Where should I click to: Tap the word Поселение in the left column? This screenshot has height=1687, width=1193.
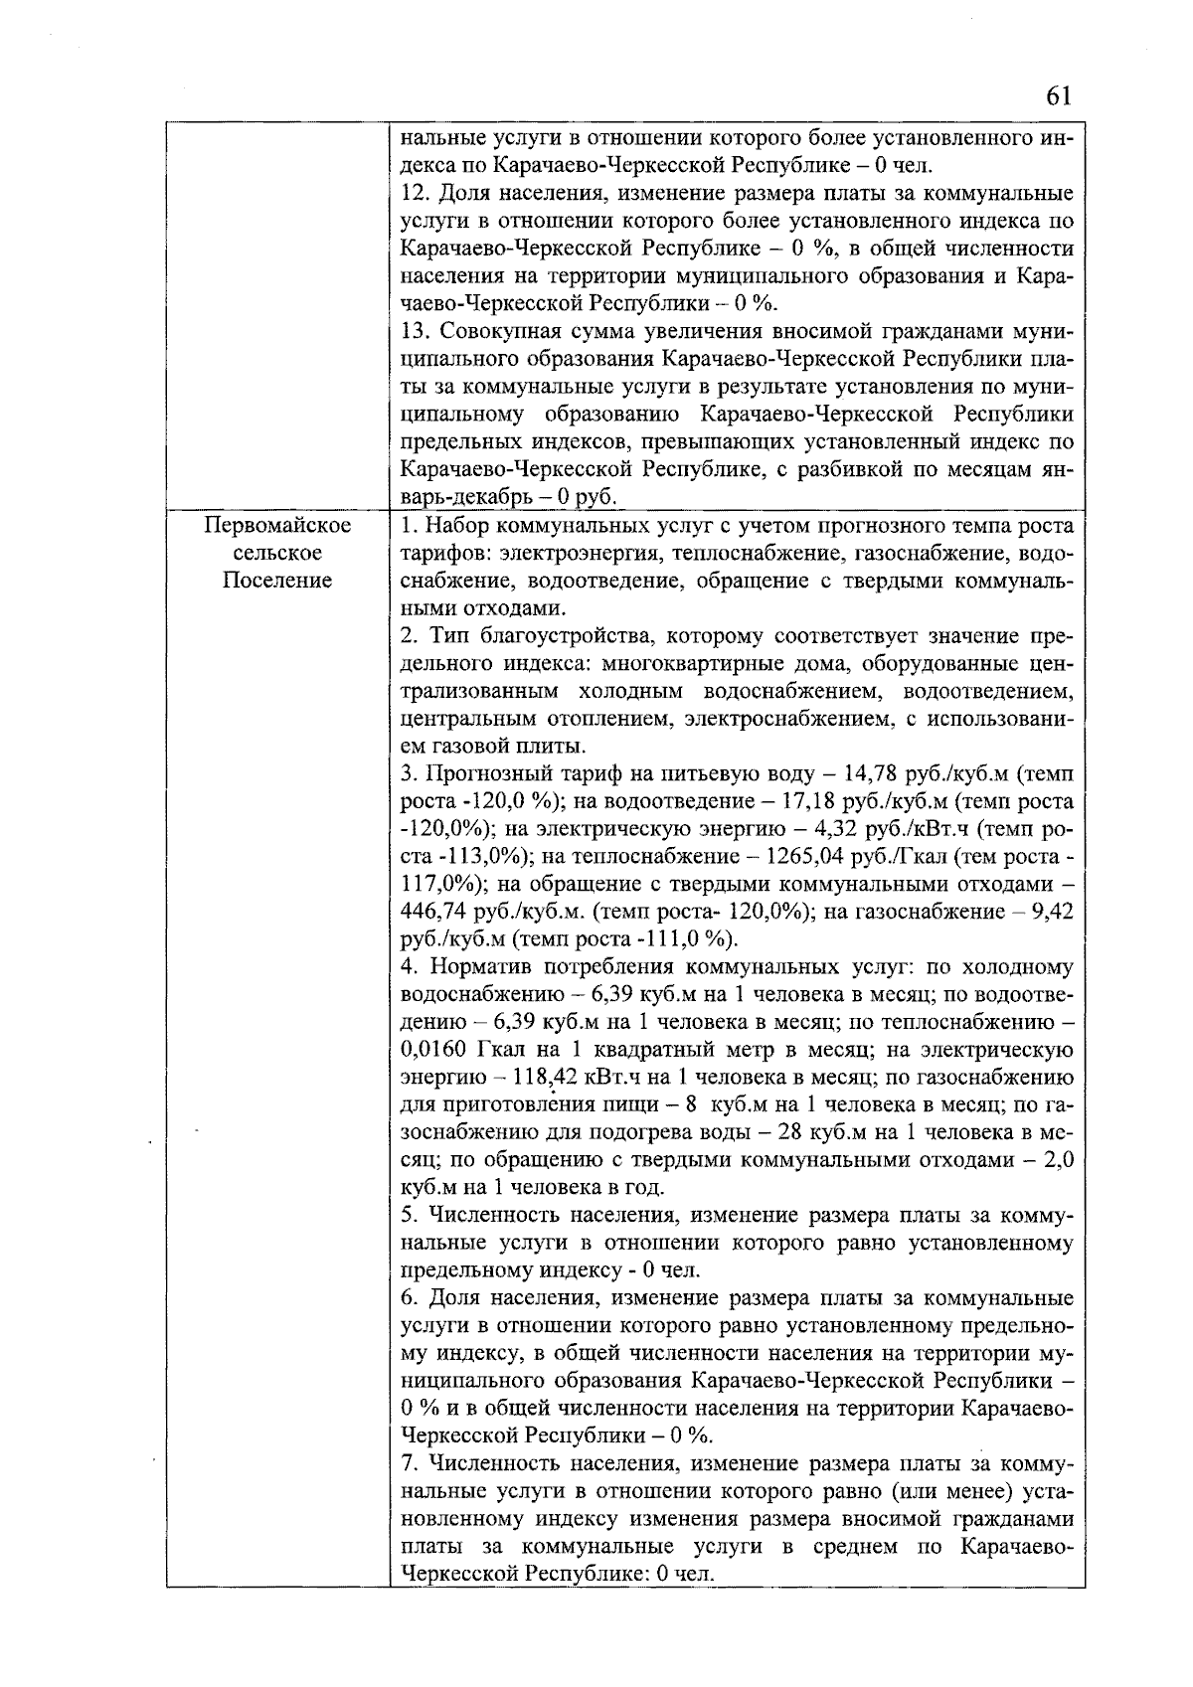[x=277, y=580]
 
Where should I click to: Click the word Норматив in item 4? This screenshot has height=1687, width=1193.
[x=472, y=966]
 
